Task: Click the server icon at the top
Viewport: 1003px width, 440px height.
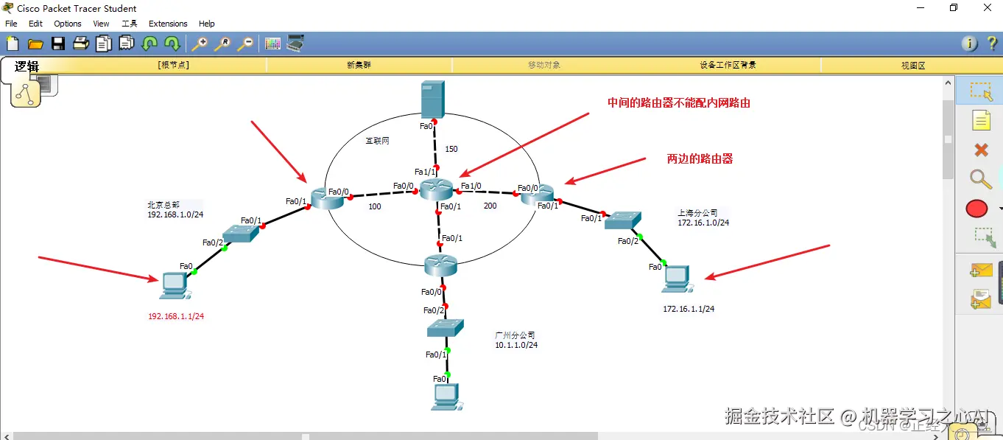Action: coord(433,99)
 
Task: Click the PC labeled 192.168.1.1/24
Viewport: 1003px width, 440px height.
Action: coord(174,284)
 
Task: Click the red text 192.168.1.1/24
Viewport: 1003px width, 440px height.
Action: coord(176,316)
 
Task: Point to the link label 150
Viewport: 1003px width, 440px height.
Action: coord(451,149)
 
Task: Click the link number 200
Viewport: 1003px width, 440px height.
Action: coord(490,206)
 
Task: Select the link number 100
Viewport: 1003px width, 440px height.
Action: coord(375,207)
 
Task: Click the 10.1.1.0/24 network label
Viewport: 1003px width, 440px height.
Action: coord(516,345)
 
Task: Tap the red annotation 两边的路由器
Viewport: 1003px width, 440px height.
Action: coord(700,158)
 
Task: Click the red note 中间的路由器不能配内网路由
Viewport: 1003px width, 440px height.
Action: coord(678,103)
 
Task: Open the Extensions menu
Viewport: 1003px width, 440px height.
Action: coord(168,24)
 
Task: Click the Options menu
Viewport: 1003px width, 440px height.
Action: coord(68,24)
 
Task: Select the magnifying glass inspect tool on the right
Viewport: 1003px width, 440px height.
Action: coord(980,178)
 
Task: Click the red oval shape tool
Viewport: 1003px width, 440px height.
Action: coord(976,209)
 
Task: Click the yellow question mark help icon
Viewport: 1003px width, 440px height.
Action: coord(992,43)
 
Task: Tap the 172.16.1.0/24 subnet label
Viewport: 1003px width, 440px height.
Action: coord(703,223)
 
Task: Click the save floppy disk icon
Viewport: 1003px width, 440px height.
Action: coord(58,43)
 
